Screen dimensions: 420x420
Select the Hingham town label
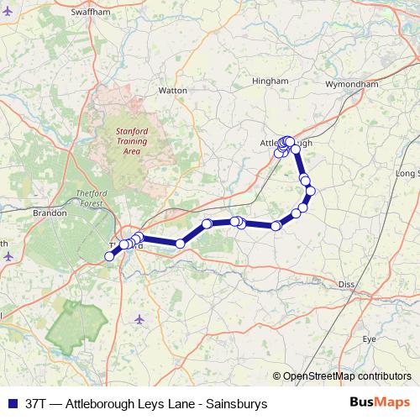coord(270,81)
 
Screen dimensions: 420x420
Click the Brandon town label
coord(50,213)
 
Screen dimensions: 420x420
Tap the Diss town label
coord(346,285)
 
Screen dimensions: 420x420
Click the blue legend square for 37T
coord(10,404)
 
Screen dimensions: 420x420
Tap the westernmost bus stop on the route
coord(108,257)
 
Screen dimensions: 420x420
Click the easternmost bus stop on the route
coord(311,191)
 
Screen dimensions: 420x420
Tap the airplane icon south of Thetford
coord(139,318)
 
